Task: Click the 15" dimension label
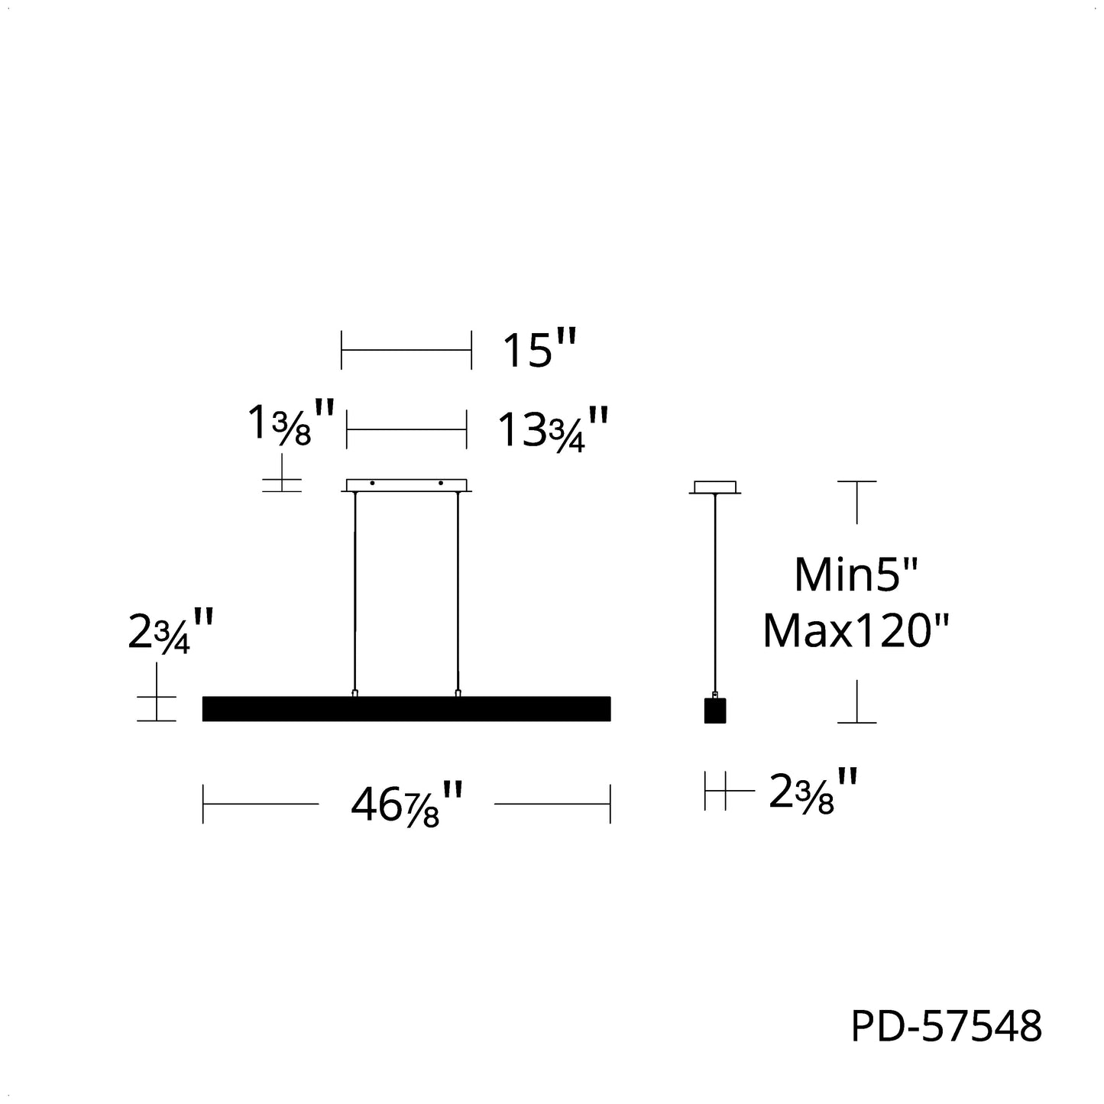coord(539,349)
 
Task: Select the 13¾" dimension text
coord(553,429)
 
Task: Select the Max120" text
coord(856,631)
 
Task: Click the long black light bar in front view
coord(406,709)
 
